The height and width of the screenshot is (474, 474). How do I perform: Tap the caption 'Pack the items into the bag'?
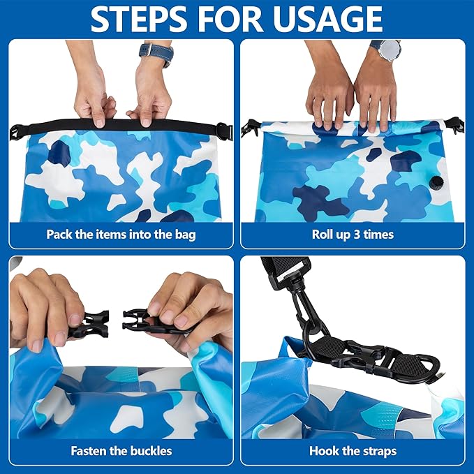point(121,234)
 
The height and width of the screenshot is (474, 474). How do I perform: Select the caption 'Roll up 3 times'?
point(353,234)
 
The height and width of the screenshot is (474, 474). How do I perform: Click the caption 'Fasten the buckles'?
point(121,450)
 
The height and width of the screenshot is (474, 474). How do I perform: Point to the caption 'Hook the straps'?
point(353,450)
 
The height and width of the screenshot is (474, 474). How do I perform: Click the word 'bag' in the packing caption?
point(186,235)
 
